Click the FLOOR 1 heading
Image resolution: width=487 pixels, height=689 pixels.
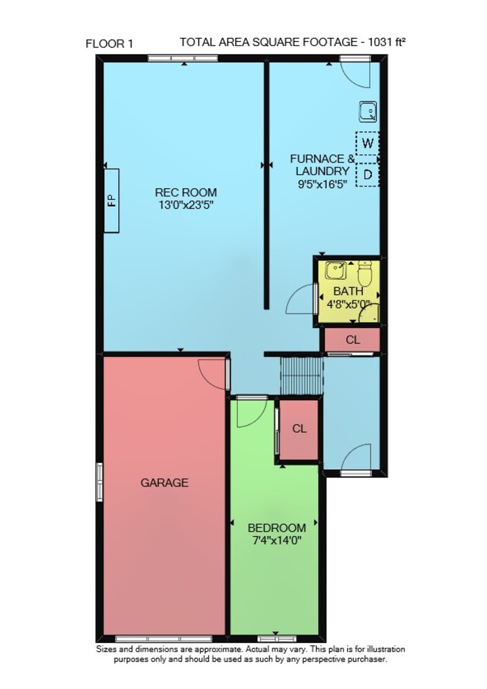(x=109, y=44)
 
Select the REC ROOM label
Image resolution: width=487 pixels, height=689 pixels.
(x=186, y=192)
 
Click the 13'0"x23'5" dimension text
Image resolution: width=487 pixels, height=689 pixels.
(x=186, y=205)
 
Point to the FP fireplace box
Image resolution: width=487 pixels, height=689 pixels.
(x=111, y=200)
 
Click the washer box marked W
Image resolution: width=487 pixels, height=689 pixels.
(x=368, y=143)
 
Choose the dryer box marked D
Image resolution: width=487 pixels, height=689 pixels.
(x=368, y=175)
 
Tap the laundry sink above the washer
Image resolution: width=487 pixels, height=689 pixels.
(x=368, y=111)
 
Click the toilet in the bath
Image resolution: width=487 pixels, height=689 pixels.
(x=365, y=274)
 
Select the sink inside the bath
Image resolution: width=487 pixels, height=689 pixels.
(x=336, y=271)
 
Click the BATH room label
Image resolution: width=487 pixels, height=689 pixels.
(x=348, y=291)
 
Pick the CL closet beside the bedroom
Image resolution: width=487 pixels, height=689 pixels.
(x=299, y=429)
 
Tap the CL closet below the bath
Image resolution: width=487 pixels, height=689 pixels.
(x=352, y=340)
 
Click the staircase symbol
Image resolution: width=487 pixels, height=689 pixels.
(x=302, y=376)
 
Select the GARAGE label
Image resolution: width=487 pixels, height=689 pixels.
(x=165, y=483)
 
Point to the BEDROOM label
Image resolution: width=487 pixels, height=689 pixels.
(x=277, y=528)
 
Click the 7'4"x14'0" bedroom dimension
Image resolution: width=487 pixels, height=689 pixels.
(x=277, y=540)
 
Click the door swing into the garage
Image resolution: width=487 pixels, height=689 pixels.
(x=212, y=374)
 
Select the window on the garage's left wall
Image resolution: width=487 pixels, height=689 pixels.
(x=99, y=482)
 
